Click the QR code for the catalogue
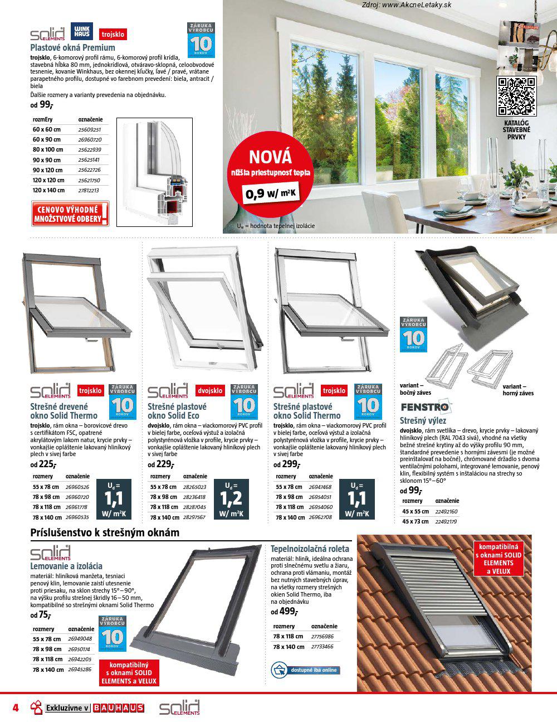coord(516,95)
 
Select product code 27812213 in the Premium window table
coord(89,191)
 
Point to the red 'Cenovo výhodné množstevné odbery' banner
coord(70,214)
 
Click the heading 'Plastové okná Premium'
coord(72,48)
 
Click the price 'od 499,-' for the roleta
coord(284,612)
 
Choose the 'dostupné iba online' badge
coord(305,670)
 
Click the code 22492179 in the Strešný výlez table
coord(446,521)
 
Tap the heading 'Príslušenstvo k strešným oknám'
coord(105,532)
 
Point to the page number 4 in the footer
coord(16,708)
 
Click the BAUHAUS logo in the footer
coord(119,708)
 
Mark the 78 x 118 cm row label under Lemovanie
coord(47,660)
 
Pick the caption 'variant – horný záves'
coord(517,390)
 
